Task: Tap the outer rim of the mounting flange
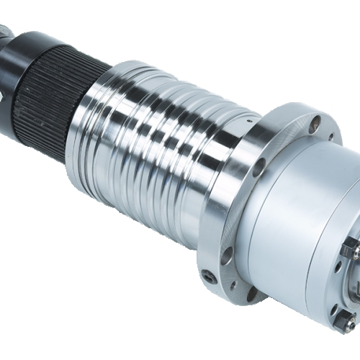click(x=216, y=216)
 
